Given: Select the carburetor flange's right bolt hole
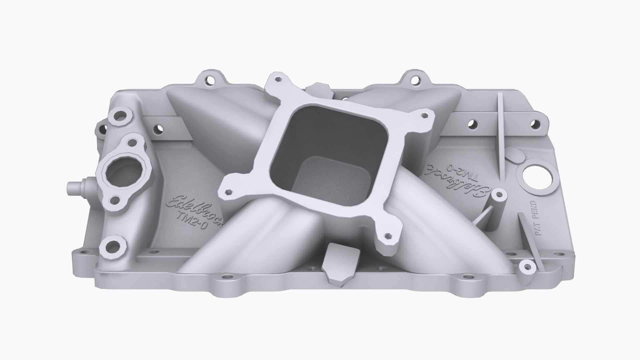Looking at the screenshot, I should click(x=424, y=115).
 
